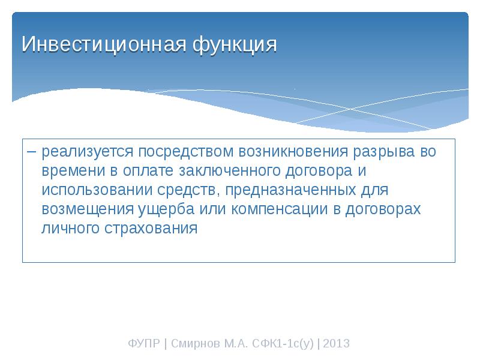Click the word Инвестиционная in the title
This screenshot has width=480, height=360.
pos(104,44)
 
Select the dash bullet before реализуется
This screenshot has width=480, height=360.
pos(32,152)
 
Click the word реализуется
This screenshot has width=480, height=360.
pos(88,152)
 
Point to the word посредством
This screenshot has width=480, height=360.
pos(186,152)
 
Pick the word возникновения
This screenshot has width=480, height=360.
pos(293,152)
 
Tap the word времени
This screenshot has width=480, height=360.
pos(73,171)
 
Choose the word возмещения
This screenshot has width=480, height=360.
pos(88,209)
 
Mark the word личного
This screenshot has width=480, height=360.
pos(70,229)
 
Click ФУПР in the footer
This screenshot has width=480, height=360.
pos(144,343)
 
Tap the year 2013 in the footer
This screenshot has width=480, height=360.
pos(336,343)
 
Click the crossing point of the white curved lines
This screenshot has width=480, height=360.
pos(351,109)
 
